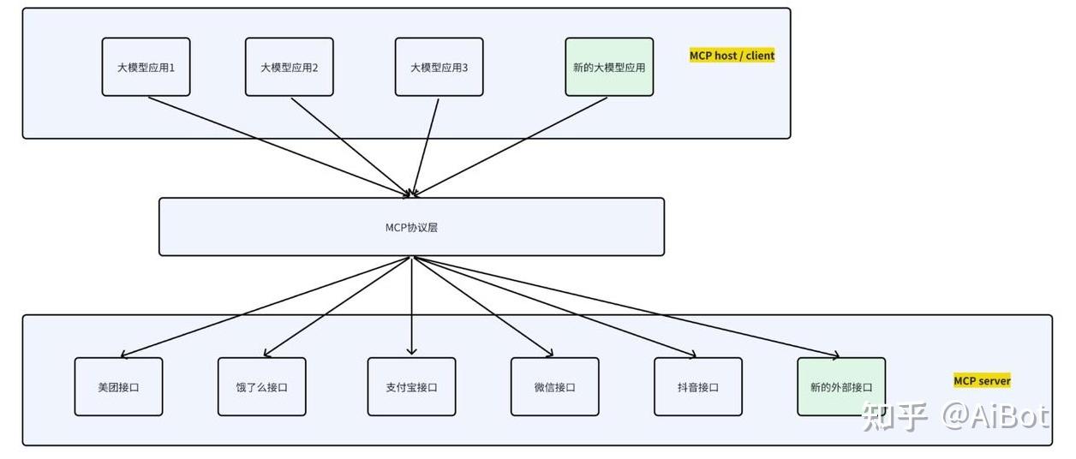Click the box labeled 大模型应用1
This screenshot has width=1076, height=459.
(146, 67)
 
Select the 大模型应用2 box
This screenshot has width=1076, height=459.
(290, 67)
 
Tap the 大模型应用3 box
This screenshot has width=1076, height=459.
(439, 67)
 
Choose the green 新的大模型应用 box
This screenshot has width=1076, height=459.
(609, 67)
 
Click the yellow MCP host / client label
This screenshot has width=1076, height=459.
(732, 56)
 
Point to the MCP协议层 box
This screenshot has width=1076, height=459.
(412, 227)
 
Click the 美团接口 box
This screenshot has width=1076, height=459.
(118, 386)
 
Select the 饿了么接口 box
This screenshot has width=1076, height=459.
(262, 386)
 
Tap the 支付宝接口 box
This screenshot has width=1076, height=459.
(412, 386)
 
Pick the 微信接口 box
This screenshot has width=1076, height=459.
(555, 386)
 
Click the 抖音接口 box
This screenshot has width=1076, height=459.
(698, 386)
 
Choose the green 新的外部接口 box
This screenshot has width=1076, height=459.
(841, 386)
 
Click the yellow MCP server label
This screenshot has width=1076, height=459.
(982, 381)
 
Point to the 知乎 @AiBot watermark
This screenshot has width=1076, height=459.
(956, 416)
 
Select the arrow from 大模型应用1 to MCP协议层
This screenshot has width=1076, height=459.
(279, 147)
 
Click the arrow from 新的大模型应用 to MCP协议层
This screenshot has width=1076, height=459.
(510, 147)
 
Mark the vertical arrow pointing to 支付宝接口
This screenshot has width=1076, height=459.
(412, 306)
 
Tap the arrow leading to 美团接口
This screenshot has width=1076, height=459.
(265, 307)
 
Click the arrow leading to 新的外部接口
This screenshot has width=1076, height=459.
(627, 307)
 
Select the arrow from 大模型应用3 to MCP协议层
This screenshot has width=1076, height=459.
(426, 147)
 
